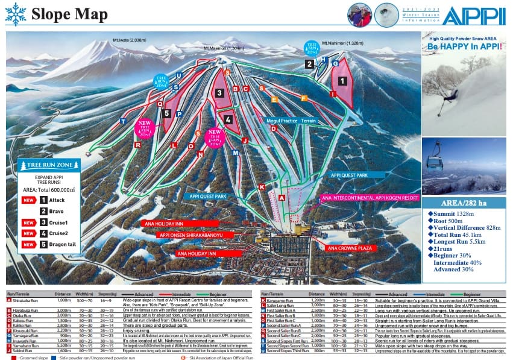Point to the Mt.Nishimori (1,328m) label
[343, 43]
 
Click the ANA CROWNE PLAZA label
[348, 248]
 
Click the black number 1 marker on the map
[342, 80]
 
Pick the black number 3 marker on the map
[219, 93]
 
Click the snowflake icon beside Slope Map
[14, 13]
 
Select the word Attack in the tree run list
[57, 200]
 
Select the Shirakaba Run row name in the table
[27, 300]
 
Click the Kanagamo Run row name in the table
[283, 300]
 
